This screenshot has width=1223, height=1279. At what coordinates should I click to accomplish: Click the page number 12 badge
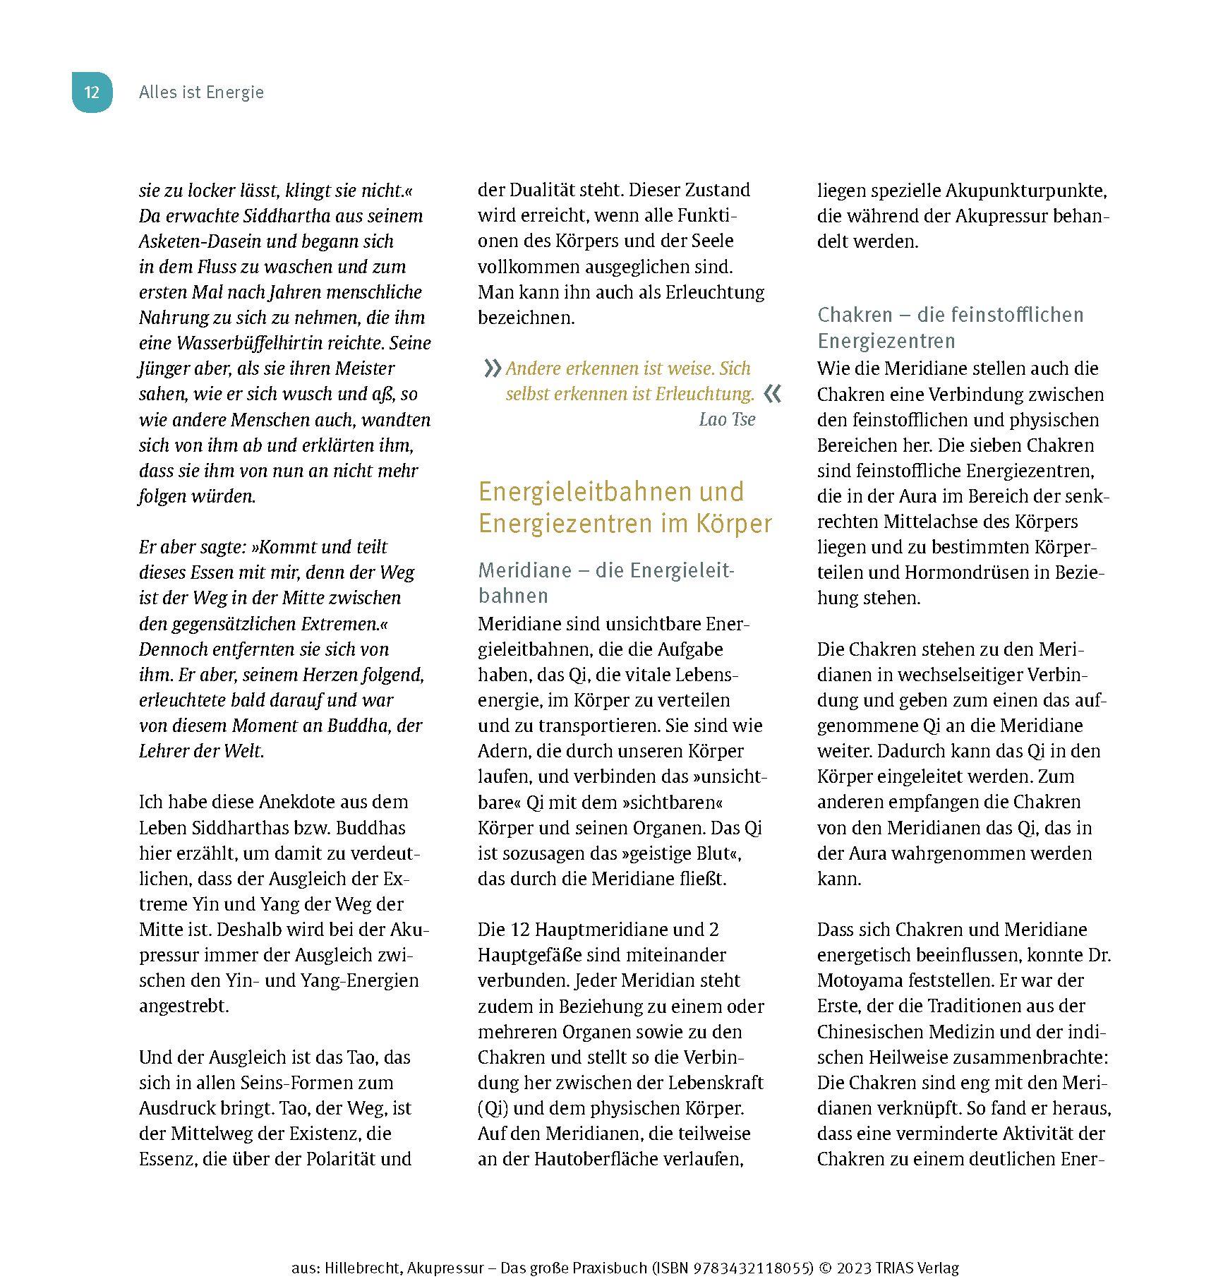click(92, 92)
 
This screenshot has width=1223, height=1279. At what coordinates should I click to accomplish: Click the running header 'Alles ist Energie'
click(201, 92)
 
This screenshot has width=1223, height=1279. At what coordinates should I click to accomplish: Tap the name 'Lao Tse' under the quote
click(727, 419)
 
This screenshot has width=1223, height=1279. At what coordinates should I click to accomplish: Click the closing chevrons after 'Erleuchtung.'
click(773, 394)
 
